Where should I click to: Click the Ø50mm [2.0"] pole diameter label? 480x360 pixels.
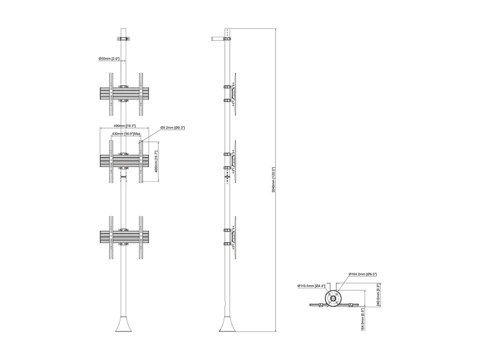[109, 59]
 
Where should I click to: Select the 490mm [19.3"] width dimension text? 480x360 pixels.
[124, 126]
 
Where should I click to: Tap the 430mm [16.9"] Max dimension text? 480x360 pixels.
[126, 134]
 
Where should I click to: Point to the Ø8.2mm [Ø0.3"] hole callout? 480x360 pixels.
[172, 128]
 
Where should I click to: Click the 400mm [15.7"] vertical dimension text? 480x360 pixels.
[156, 161]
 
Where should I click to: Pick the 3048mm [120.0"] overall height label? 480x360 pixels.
[274, 180]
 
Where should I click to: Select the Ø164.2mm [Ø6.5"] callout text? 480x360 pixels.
[363, 274]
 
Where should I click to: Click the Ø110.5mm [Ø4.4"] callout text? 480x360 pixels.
[311, 286]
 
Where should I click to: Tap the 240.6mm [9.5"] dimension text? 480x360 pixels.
[378, 295]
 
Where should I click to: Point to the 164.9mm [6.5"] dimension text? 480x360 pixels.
[363, 319]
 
